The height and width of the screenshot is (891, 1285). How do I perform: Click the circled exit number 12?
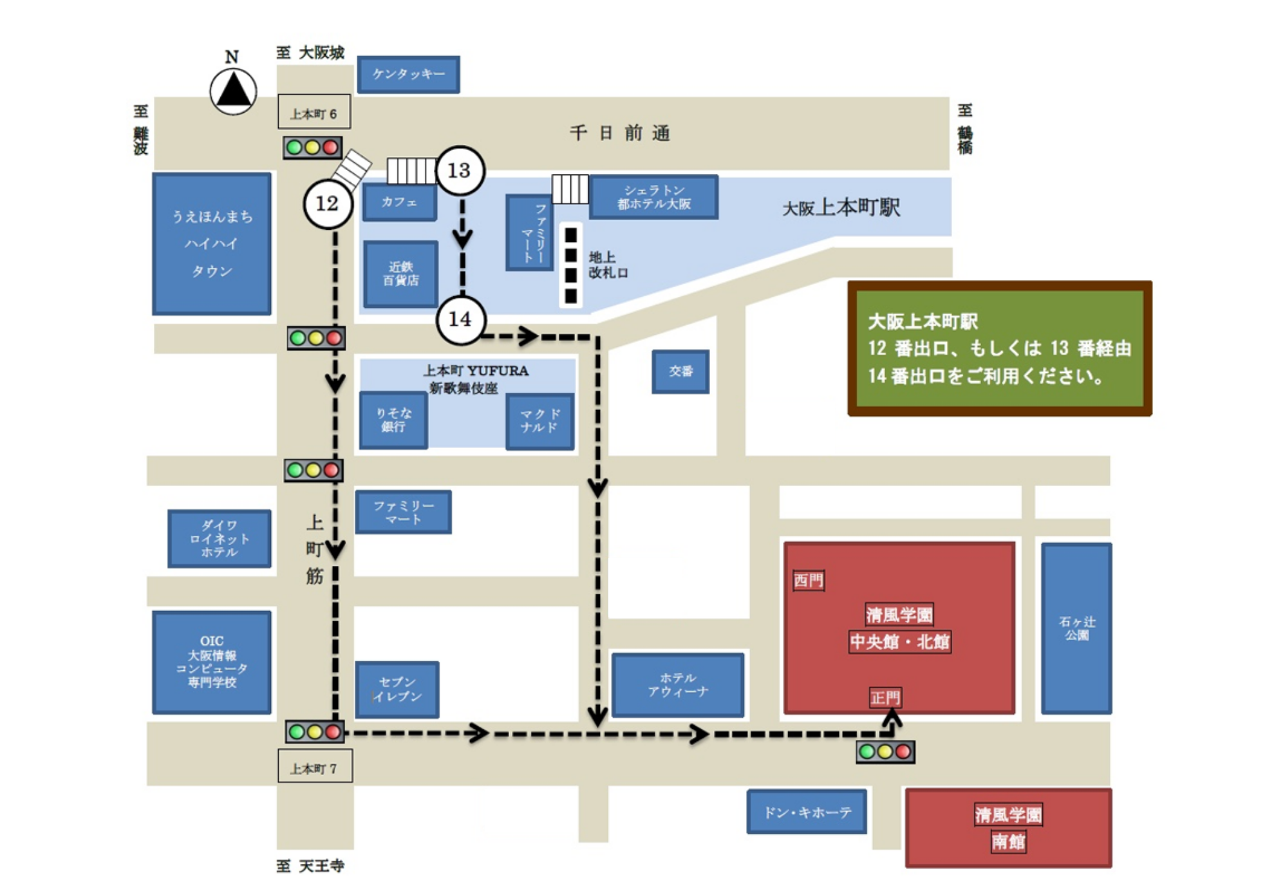pyautogui.click(x=328, y=204)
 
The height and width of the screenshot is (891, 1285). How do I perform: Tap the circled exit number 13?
pyautogui.click(x=460, y=171)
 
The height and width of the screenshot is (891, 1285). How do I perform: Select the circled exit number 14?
pyautogui.click(x=460, y=319)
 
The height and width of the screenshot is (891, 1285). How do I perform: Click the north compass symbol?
pyautogui.click(x=233, y=90)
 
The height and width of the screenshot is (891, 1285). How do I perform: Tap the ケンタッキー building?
pyautogui.click(x=408, y=75)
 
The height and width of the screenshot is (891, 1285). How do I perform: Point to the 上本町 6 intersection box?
pyautogui.click(x=314, y=113)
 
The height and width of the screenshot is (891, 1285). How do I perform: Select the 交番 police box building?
pyautogui.click(x=680, y=371)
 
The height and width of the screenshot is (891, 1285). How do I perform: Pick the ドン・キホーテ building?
pyautogui.click(x=807, y=812)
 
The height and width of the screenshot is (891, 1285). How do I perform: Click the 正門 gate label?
pyautogui.click(x=885, y=697)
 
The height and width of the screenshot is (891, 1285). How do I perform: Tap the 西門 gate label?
pyautogui.click(x=809, y=580)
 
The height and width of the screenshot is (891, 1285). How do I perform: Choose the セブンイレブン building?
pyautogui.click(x=397, y=689)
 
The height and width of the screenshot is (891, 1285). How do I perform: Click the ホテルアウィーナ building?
pyautogui.click(x=677, y=685)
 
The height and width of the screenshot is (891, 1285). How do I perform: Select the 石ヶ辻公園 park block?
pyautogui.click(x=1076, y=628)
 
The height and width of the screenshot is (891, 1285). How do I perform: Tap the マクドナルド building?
pyautogui.click(x=539, y=421)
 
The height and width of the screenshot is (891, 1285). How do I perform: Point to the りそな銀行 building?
pyautogui.click(x=393, y=420)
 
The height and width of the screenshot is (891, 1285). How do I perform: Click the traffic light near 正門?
pyautogui.click(x=885, y=751)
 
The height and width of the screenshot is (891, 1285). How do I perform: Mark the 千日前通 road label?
pyautogui.click(x=620, y=133)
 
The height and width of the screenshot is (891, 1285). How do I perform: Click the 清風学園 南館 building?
pyautogui.click(x=1008, y=828)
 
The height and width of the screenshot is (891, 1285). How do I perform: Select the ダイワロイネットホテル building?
pyautogui.click(x=219, y=539)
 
